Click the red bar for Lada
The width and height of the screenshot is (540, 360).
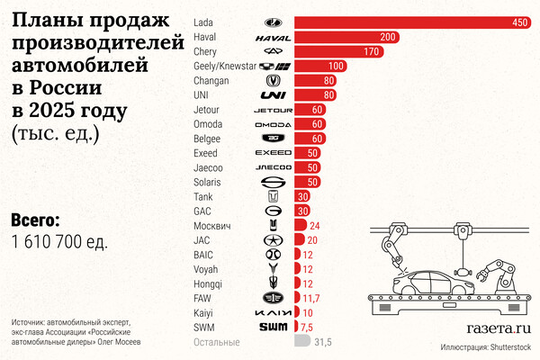[x=414, y=22]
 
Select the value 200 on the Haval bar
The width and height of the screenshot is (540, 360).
[x=388, y=37]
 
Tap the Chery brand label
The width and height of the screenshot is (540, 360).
[x=206, y=51]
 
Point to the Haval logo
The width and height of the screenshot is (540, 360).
[x=273, y=37]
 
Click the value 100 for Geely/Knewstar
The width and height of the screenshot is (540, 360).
[x=337, y=66]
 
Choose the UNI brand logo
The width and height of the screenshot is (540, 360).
[x=273, y=94]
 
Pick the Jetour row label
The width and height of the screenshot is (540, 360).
[x=208, y=109]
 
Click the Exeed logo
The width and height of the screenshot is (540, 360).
[x=273, y=153]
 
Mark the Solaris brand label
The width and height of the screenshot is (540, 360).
[x=208, y=182]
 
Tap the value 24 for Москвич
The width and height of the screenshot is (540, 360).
[x=314, y=226]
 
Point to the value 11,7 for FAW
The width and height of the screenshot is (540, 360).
[x=310, y=298]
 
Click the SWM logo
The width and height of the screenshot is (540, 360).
[x=273, y=327]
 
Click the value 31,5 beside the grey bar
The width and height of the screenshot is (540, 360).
[x=321, y=342]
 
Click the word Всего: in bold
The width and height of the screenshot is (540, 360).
[x=36, y=220]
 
